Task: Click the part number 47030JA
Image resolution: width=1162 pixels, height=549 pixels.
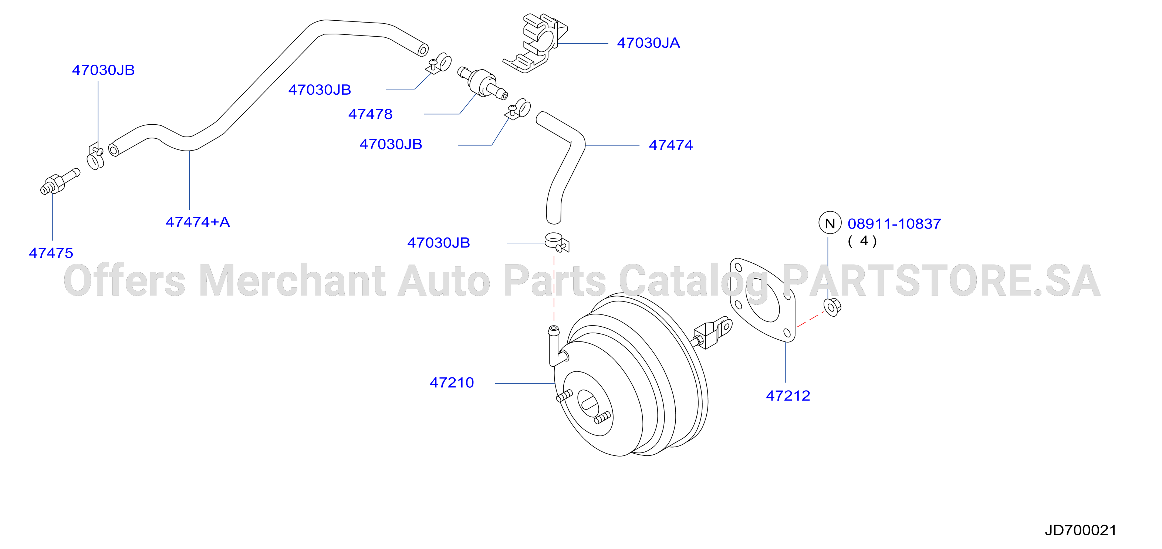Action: tap(648, 43)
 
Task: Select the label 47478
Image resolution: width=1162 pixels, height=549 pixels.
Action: tap(370, 114)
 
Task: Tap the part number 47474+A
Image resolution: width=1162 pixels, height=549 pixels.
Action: tap(197, 222)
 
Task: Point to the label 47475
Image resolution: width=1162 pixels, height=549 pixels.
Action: tap(51, 253)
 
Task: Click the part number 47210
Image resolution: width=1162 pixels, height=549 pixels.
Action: tap(452, 383)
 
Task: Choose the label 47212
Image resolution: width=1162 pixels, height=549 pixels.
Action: tap(788, 395)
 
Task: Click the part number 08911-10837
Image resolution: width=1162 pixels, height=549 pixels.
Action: tap(894, 224)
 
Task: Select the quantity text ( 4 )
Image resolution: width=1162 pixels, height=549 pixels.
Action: tap(862, 241)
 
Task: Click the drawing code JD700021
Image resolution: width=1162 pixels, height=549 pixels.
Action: tap(1080, 530)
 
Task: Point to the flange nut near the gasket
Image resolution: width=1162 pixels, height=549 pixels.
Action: tap(832, 307)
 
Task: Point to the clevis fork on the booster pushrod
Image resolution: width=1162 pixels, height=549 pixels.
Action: tap(712, 333)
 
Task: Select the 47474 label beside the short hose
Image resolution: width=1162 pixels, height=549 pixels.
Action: tap(670, 145)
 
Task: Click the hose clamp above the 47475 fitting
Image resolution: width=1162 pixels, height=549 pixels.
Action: tap(95, 156)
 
